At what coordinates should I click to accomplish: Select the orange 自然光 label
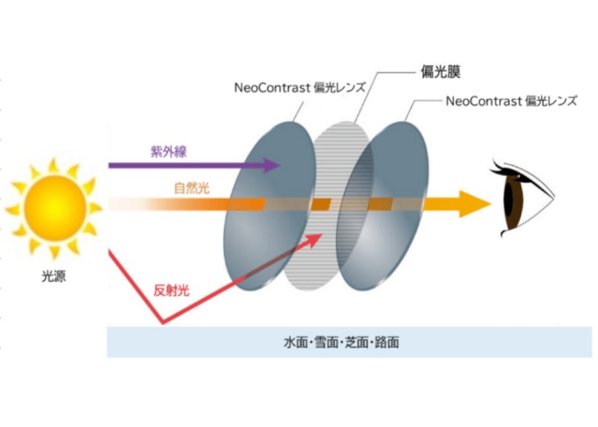click(192, 189)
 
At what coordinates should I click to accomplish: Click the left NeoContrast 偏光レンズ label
click(299, 86)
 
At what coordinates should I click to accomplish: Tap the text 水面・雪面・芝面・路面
click(342, 343)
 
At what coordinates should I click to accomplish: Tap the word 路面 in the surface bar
click(388, 343)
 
